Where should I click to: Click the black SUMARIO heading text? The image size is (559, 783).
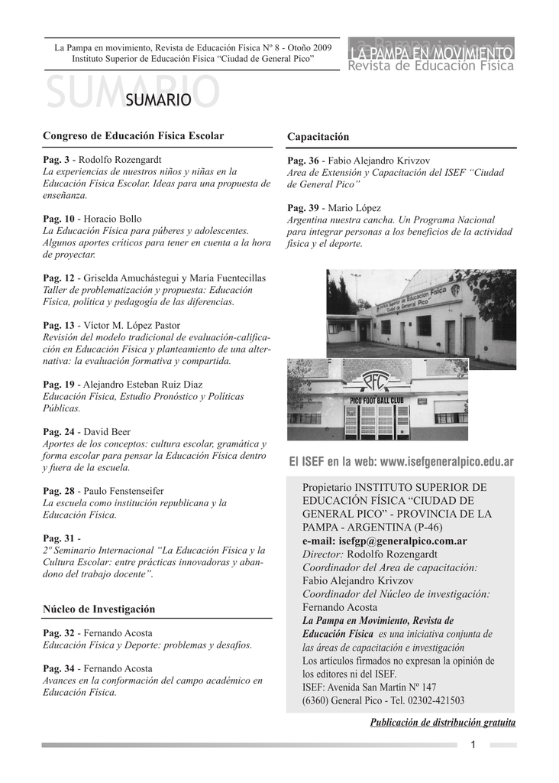(157, 99)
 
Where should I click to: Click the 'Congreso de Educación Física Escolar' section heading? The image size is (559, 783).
(134, 136)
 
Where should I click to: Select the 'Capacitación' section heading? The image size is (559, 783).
(318, 137)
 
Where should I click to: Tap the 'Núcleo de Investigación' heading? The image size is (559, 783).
(99, 609)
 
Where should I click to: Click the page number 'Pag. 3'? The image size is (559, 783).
(56, 159)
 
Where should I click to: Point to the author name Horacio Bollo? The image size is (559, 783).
(112, 219)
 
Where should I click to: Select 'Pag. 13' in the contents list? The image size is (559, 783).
(58, 325)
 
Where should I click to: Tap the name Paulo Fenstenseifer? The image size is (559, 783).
(124, 491)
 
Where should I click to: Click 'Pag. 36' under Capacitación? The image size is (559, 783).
(302, 161)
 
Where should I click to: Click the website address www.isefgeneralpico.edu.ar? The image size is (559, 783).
(447, 463)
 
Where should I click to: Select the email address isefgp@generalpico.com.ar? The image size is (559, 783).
(404, 541)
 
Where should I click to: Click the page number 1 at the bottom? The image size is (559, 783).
(473, 745)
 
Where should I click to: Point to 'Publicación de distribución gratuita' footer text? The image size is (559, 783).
(443, 723)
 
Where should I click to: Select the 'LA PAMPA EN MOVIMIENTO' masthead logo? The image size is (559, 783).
(431, 53)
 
